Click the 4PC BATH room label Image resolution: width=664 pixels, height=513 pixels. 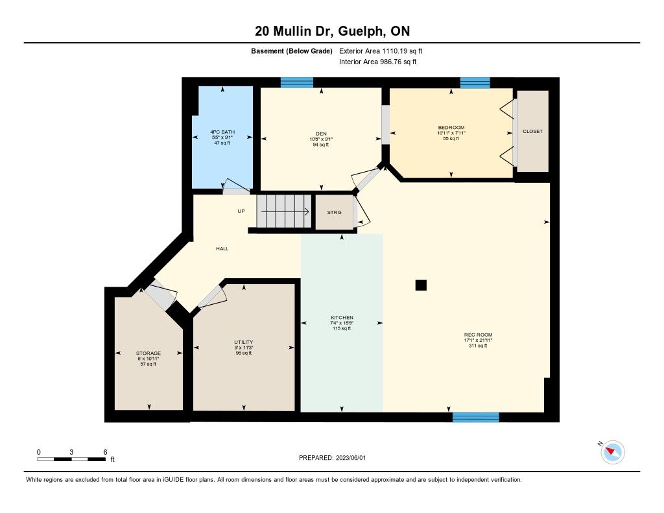click(222, 132)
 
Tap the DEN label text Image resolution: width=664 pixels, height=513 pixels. click(321, 134)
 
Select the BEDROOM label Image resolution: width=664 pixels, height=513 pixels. click(451, 128)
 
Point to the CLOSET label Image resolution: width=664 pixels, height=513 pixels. click(532, 131)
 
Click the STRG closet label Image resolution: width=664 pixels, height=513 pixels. click(334, 212)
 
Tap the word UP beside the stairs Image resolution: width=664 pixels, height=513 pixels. click(241, 211)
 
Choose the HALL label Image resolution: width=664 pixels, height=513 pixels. click(222, 248)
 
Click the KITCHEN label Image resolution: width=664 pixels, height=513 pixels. click(342, 317)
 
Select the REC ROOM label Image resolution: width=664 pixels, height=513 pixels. click(478, 335)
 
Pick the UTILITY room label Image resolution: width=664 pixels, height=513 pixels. click(244, 342)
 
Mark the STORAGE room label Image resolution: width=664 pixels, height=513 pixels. click(148, 353)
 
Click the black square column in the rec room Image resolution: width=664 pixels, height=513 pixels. click(421, 285)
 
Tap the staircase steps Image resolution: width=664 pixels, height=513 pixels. click(285, 211)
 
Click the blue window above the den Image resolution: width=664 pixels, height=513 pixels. click(297, 82)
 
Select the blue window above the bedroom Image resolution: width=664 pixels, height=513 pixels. click(475, 82)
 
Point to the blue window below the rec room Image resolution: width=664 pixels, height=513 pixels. click(476, 417)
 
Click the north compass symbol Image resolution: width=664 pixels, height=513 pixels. click(612, 452)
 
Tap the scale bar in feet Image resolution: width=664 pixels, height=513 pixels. click(71, 459)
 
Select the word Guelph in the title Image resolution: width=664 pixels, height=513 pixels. click(362, 31)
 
